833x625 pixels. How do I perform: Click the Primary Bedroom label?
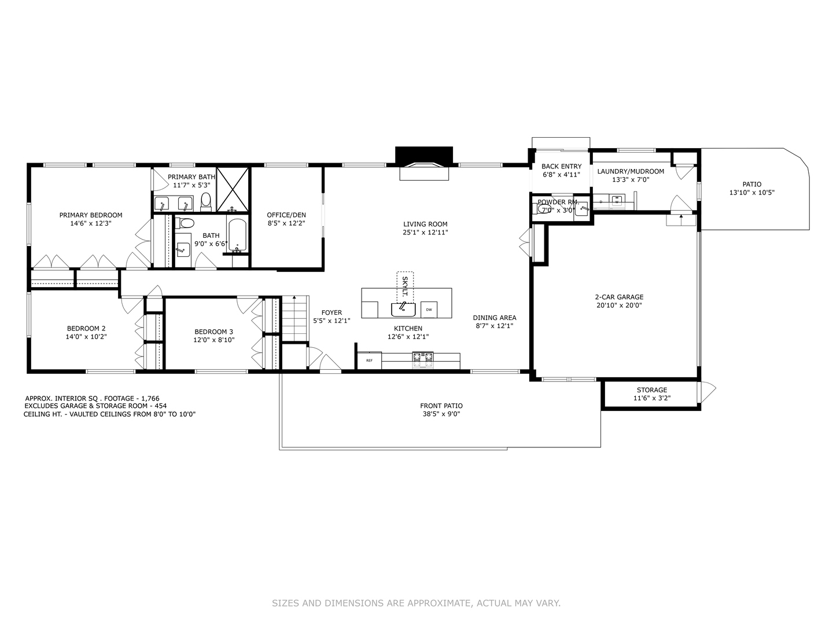coord(91,215)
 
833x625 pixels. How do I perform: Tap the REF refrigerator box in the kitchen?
coord(369,361)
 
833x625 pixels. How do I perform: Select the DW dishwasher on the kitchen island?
coord(429,310)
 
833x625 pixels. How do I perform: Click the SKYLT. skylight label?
coord(405,286)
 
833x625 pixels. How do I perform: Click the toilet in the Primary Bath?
coord(206,201)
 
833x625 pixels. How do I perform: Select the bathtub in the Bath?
coord(237,236)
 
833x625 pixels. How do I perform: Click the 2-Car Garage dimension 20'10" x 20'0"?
coord(619,306)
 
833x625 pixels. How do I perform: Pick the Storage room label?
coord(652,390)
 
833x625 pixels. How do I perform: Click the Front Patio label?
coord(441,406)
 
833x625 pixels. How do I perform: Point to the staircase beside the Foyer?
coord(294,318)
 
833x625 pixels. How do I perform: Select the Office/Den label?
coord(286,215)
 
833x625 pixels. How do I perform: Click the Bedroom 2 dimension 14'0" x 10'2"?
coord(86,336)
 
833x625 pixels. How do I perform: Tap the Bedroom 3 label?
coord(213,332)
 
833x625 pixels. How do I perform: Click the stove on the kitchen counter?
coord(422,360)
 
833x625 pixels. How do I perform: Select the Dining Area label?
coord(495,318)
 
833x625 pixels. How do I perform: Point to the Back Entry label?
coord(561,167)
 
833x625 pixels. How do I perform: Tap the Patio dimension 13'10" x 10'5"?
coord(752,193)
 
